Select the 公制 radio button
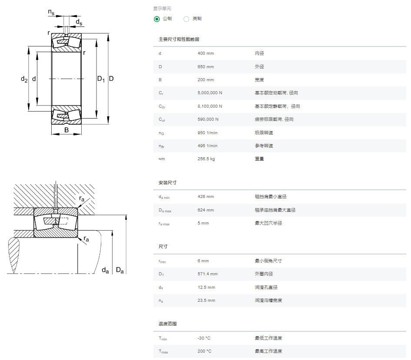[x=157, y=19]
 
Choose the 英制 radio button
[x=186, y=19]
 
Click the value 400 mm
[x=205, y=53]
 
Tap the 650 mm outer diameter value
[x=205, y=66]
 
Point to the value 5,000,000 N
[x=210, y=93]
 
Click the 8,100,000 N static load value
[x=210, y=106]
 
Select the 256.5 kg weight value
[x=206, y=159]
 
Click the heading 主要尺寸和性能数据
[x=179, y=40]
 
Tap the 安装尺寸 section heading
[x=168, y=183]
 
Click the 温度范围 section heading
[x=168, y=324]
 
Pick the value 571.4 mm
[x=207, y=274]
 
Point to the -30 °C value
[x=204, y=338]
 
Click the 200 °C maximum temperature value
[x=205, y=351]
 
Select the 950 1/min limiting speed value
[x=207, y=132]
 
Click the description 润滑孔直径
[x=266, y=287]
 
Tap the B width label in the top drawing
[x=66, y=130]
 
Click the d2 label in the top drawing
[x=24, y=79]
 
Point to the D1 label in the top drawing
[x=101, y=79]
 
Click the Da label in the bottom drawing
[x=120, y=270]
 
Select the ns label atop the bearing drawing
[x=51, y=12]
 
